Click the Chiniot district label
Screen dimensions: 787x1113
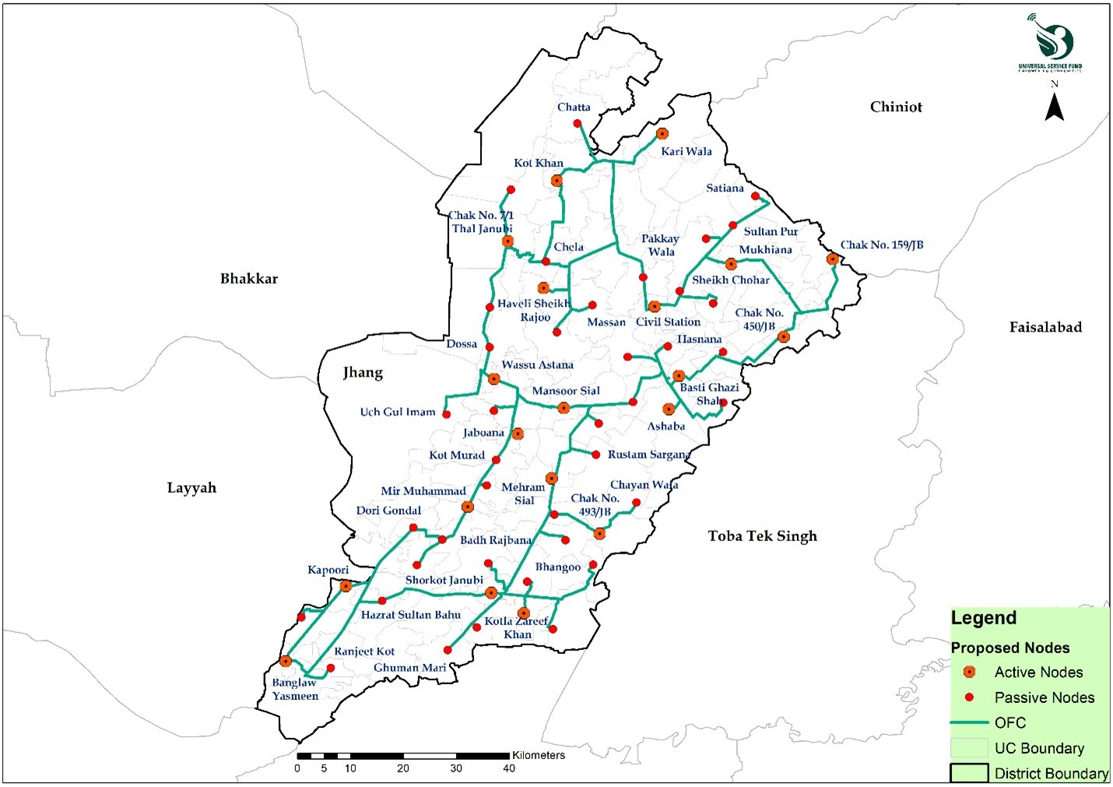coord(896,107)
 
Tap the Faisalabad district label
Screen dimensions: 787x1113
coord(1045,328)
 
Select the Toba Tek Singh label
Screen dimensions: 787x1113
coord(762,536)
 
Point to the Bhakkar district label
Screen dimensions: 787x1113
coord(248,279)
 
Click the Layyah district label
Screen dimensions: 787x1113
coord(191,488)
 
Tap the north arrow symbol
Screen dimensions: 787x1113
coord(1054,106)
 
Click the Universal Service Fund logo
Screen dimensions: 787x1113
coord(1050,43)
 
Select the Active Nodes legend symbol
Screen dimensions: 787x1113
coord(969,672)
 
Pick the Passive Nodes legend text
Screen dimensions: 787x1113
coord(1044,697)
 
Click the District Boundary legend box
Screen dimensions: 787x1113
coord(969,773)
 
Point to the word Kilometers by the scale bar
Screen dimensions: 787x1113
coord(539,755)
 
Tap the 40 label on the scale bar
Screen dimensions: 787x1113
coord(509,768)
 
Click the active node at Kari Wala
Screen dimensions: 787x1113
coord(662,134)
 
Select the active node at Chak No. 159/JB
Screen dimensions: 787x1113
coord(833,259)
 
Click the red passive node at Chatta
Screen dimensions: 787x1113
coord(578,124)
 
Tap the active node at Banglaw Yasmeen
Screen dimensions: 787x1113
coord(286,661)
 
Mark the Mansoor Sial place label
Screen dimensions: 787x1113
coord(566,392)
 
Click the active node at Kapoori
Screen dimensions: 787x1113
coord(346,586)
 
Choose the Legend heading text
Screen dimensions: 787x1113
coord(984,618)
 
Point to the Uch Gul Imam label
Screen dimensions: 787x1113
coord(398,412)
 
